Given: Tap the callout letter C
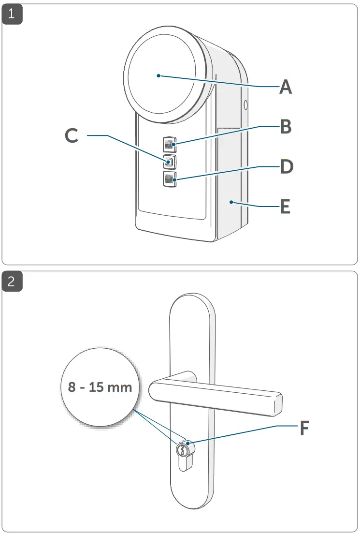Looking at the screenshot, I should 72,136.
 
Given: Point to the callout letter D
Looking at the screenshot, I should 287,167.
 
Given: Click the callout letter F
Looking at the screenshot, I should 304,428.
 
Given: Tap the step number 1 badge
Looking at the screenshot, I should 12,14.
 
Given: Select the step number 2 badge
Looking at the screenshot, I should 12,282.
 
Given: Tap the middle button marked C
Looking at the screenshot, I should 169,161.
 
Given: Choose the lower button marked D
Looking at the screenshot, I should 169,178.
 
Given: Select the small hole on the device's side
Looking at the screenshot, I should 245,104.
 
